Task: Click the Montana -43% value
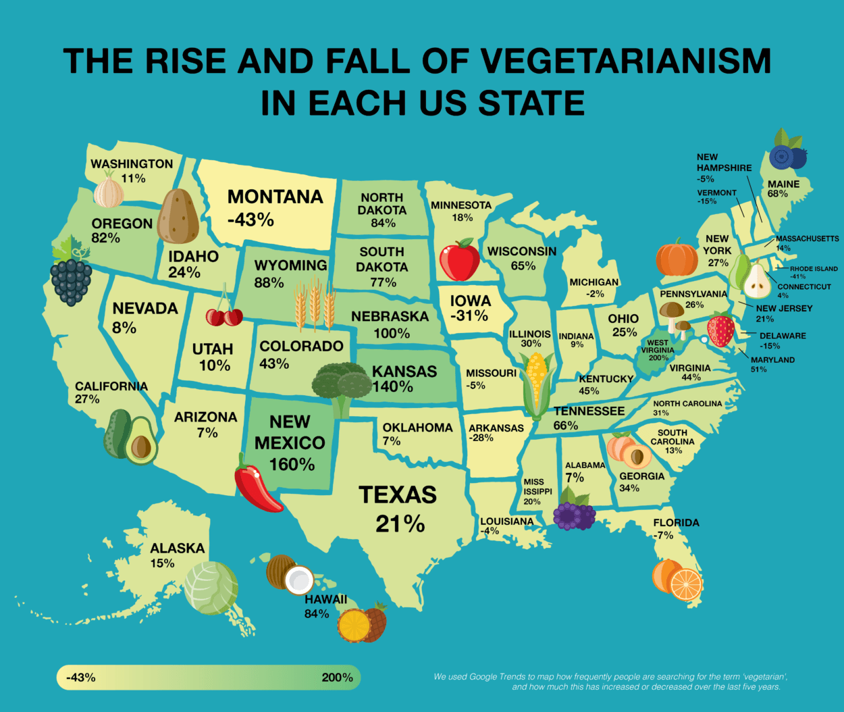tap(250, 220)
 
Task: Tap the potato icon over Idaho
tap(178, 215)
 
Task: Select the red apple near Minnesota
tap(459, 260)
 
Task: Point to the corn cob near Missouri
tap(537, 385)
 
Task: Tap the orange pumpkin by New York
tap(677, 257)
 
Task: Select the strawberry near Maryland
tap(720, 330)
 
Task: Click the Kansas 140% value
tap(392, 387)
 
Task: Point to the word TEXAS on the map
tap(398, 495)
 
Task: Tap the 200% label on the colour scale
tap(337, 677)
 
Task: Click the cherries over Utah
tap(224, 314)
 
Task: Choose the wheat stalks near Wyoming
tap(315, 303)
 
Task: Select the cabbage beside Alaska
tap(211, 588)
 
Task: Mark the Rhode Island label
tap(814, 269)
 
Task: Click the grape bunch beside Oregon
tap(71, 274)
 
